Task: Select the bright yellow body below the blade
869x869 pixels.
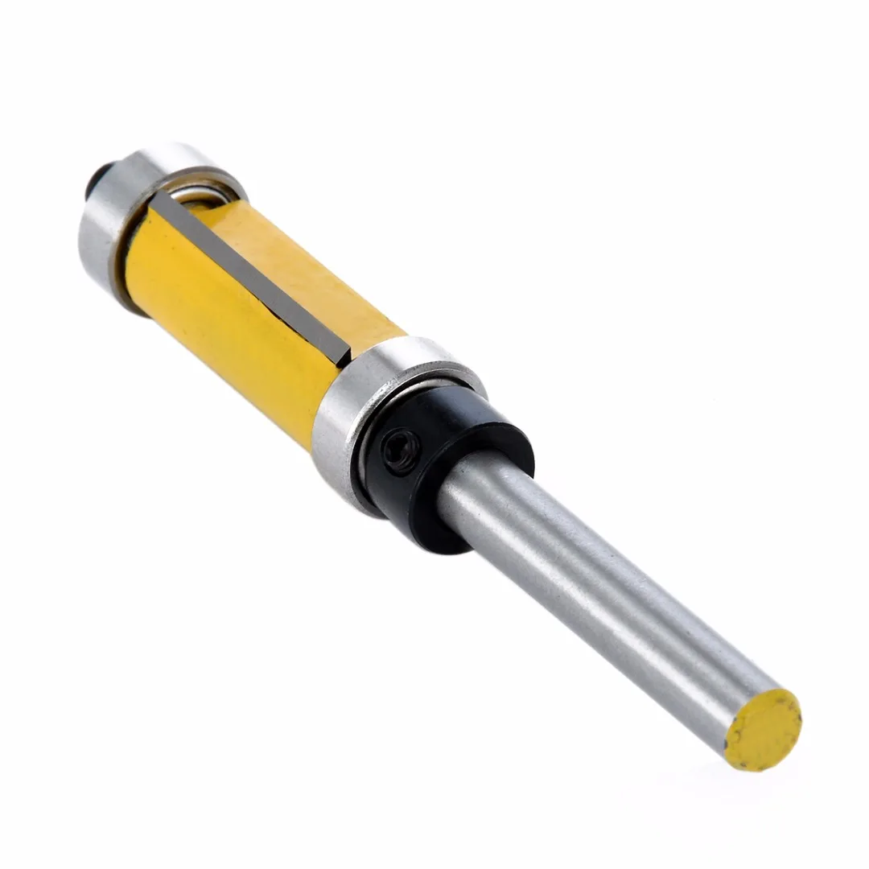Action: point(217,322)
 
